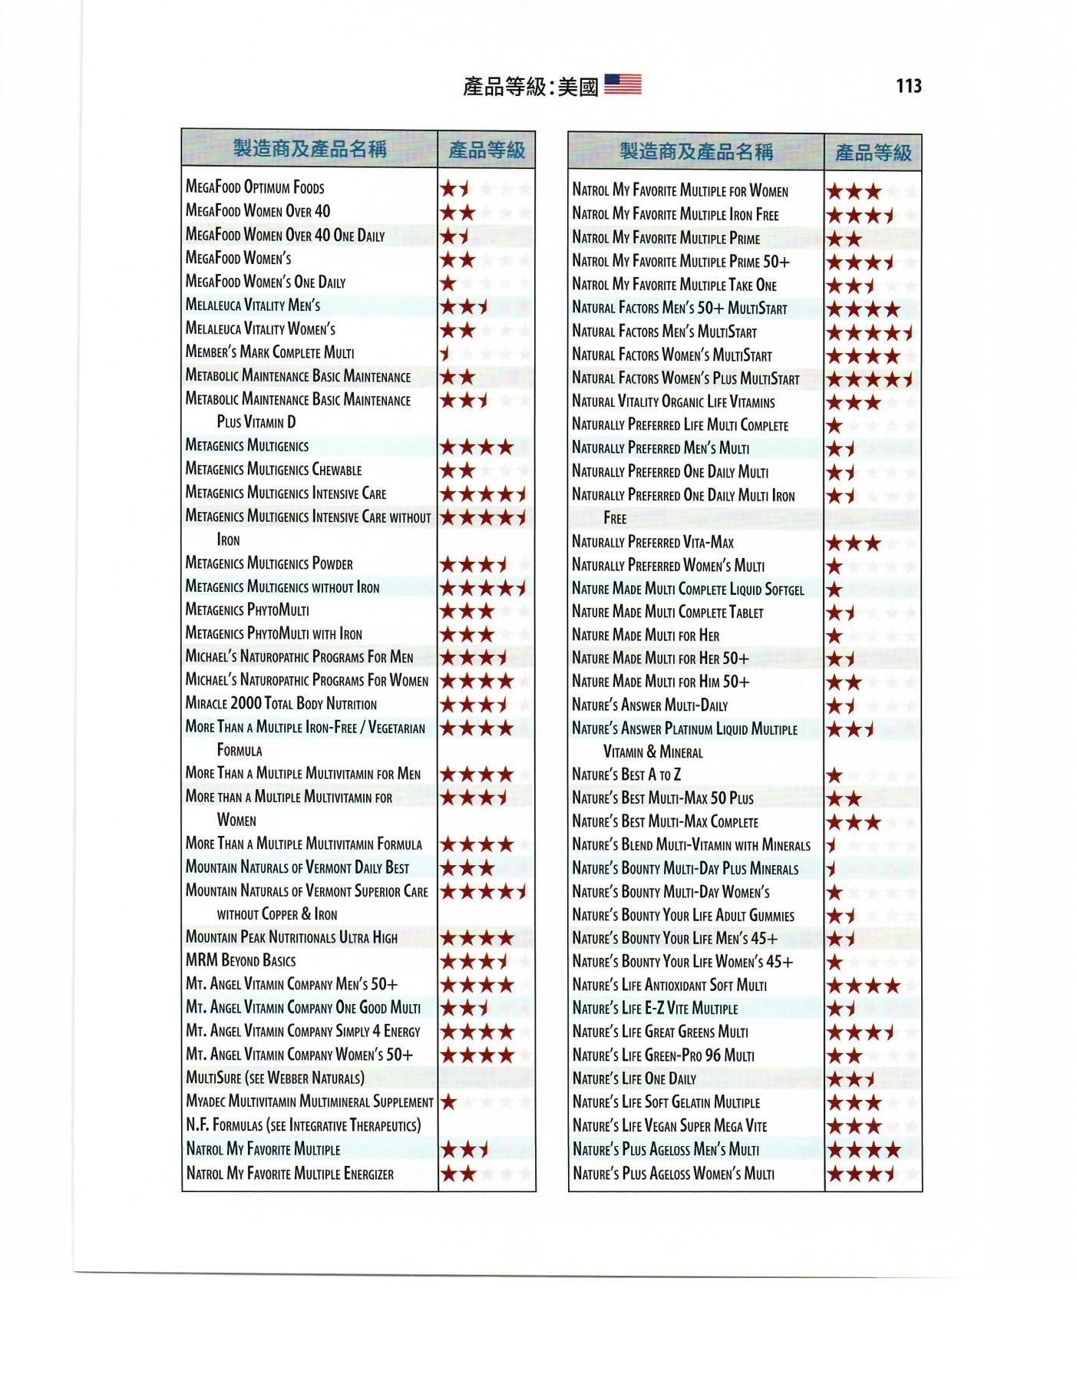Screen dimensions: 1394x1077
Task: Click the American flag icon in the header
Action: (623, 84)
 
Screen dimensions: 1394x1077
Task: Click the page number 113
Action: (908, 86)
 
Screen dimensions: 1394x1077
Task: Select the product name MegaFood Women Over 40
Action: (258, 211)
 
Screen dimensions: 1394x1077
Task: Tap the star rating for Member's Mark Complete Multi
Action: (444, 354)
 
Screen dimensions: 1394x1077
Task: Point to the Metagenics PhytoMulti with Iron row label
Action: (273, 634)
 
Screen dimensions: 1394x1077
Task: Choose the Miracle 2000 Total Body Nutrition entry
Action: (281, 704)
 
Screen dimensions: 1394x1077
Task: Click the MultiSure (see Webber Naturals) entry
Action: (275, 1079)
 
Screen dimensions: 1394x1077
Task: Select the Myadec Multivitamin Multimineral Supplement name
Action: (309, 1102)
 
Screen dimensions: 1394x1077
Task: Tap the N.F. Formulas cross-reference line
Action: (303, 1126)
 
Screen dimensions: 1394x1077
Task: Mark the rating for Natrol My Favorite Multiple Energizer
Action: (458, 1174)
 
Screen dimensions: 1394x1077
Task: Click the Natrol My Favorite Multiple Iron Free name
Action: (675, 215)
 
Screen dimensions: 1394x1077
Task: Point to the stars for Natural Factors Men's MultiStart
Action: (869, 333)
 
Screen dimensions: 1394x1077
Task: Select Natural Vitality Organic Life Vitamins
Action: (673, 401)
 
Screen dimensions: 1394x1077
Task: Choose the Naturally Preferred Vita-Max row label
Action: (652, 543)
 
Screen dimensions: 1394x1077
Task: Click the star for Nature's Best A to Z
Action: (834, 776)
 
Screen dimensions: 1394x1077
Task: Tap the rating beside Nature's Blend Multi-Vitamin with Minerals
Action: (831, 846)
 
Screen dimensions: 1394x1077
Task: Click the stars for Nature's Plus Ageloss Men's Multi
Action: (863, 1150)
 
